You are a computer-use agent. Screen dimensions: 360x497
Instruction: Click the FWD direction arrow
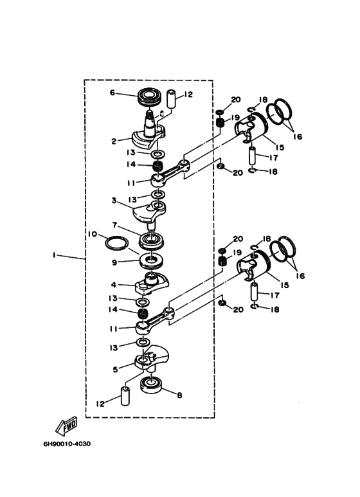(x=67, y=426)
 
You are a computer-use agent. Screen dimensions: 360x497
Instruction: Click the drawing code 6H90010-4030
(x=67, y=444)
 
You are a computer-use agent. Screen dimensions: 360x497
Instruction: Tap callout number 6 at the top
(x=113, y=93)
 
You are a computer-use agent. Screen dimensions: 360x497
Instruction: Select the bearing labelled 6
(x=149, y=95)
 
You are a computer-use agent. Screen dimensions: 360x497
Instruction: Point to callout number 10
(x=93, y=234)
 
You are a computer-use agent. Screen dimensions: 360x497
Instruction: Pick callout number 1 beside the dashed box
(x=55, y=255)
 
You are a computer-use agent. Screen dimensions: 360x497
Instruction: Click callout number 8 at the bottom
(x=179, y=395)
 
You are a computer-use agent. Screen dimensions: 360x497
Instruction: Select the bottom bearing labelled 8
(x=151, y=386)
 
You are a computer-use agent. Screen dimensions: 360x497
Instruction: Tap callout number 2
(x=114, y=141)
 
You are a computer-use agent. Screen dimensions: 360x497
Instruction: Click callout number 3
(x=114, y=201)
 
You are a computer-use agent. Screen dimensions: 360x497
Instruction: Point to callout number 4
(x=114, y=285)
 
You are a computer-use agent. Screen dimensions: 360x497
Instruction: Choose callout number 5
(x=115, y=369)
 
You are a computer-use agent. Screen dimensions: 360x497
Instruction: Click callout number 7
(x=114, y=225)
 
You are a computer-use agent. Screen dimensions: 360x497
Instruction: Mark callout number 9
(x=114, y=262)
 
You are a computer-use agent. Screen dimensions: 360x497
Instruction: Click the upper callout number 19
(x=235, y=118)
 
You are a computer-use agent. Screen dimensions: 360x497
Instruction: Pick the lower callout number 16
(x=300, y=276)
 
